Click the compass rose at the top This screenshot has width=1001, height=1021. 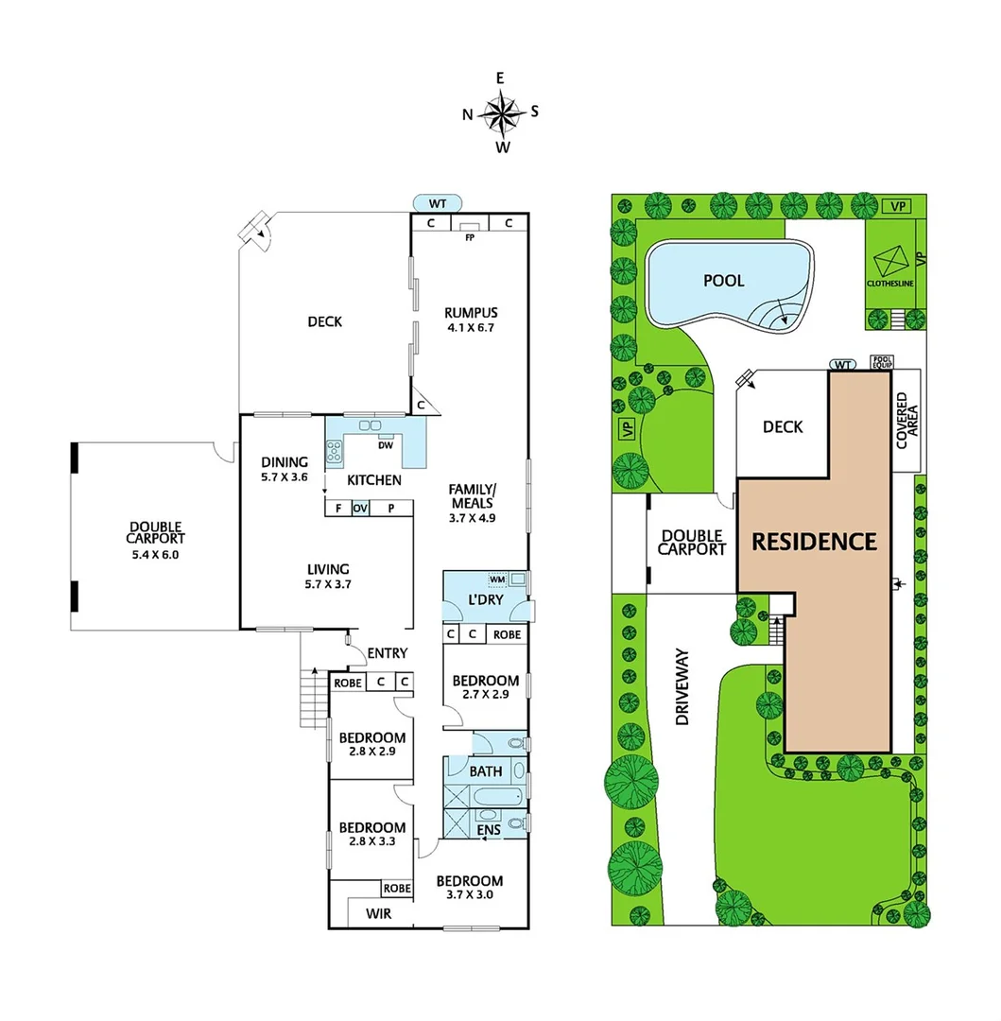tap(502, 113)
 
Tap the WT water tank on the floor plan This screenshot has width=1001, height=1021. tap(438, 201)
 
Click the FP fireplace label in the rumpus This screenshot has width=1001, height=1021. tap(469, 236)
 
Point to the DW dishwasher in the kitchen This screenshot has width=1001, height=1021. tap(385, 444)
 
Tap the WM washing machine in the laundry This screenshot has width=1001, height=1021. tap(497, 579)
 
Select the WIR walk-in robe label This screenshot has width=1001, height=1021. tap(377, 914)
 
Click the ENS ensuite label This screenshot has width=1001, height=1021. tap(488, 829)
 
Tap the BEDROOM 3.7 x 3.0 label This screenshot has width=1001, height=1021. tap(470, 888)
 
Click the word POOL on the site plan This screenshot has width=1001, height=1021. tap(723, 281)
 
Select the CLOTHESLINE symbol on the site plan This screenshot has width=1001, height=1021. tap(891, 264)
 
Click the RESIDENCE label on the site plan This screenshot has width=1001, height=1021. tap(814, 542)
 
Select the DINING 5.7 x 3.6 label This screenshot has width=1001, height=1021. tap(285, 470)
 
